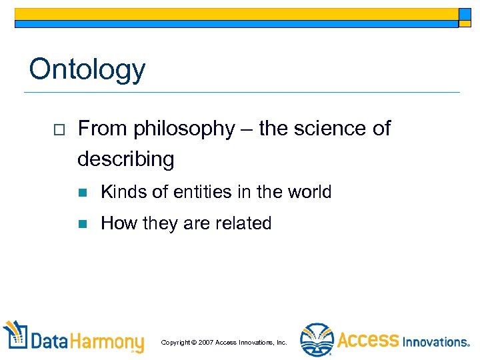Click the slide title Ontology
pyautogui.click(x=87, y=69)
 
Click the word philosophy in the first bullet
pyautogui.click(x=183, y=129)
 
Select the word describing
pyautogui.click(x=125, y=159)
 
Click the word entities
pyautogui.click(x=198, y=192)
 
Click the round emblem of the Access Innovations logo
pyautogui.click(x=316, y=340)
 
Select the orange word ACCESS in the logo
pyautogui.click(x=367, y=341)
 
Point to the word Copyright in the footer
pyautogui.click(x=175, y=343)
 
